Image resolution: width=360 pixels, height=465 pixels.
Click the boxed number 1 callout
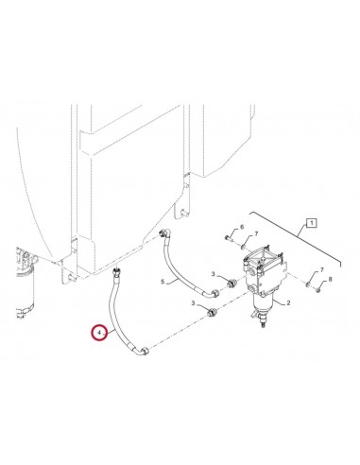tap(311, 223)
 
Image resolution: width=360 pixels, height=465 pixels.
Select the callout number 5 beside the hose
tap(163, 282)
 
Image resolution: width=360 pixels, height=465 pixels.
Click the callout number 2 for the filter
tap(288, 303)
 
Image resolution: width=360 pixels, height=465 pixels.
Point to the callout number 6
tap(242, 227)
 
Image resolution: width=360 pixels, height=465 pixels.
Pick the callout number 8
tap(330, 279)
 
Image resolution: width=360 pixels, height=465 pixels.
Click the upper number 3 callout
tap(214, 274)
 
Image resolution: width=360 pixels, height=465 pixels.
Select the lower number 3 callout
tap(194, 303)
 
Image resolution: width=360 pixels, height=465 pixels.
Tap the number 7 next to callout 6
tap(256, 233)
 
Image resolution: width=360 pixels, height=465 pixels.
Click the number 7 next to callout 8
tap(321, 270)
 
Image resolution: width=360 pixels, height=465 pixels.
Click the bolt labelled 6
tap(229, 238)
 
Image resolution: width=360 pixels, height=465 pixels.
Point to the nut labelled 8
tap(318, 289)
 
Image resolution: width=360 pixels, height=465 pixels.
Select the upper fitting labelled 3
tap(232, 284)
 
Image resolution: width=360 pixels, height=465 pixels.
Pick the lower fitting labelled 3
tap(212, 312)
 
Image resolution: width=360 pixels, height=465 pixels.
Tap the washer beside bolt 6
tap(243, 247)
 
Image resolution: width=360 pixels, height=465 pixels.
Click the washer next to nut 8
tap(308, 285)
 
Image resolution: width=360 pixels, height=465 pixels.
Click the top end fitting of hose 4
tap(116, 271)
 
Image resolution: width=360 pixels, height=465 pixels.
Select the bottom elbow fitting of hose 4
tap(142, 351)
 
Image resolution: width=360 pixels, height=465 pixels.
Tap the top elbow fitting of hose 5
tap(165, 234)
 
